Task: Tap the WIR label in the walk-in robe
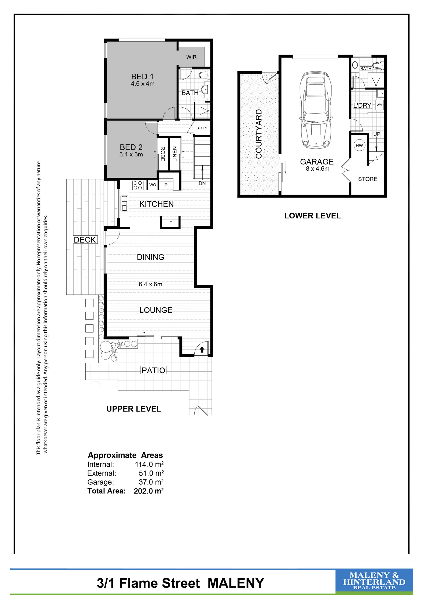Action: point(191,57)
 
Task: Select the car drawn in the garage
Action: point(316,110)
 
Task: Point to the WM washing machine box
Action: point(379,105)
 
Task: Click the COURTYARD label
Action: point(259,134)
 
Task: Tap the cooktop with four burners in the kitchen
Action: point(138,185)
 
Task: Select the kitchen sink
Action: point(124,203)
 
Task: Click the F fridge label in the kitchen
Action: point(171,222)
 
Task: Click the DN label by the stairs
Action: point(202,183)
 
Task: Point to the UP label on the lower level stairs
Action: point(377,134)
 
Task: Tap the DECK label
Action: point(85,240)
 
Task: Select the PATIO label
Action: point(153,370)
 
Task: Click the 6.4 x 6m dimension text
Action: point(150,284)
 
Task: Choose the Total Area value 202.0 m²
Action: point(149,491)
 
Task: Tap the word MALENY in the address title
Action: point(236,583)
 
